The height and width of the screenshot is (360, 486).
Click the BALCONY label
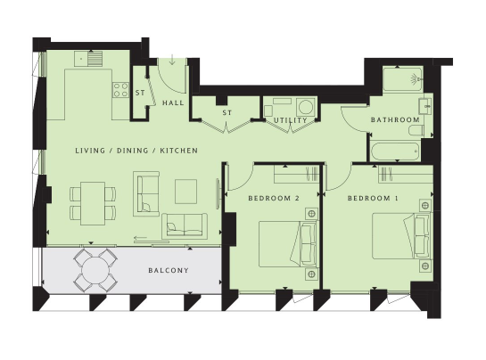[169, 271]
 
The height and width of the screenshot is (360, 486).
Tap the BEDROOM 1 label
[373, 199]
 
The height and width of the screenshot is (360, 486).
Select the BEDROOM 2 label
[274, 199]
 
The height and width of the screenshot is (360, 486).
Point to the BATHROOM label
[395, 120]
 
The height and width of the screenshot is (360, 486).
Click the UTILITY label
[291, 120]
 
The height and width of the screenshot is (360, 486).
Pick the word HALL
[173, 102]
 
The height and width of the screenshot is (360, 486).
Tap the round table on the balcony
[95, 271]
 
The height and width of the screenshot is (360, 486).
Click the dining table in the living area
[93, 203]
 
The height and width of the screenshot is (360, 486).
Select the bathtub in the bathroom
[396, 151]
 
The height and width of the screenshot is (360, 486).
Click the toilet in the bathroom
[416, 130]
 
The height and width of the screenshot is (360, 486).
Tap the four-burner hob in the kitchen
[121, 90]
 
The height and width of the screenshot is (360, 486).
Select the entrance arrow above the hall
[172, 60]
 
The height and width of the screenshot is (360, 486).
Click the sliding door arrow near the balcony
[140, 238]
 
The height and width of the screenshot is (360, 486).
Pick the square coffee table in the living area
[186, 192]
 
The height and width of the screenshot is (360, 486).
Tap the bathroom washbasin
[425, 106]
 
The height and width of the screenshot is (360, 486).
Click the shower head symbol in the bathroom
[416, 78]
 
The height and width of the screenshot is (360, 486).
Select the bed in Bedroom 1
[401, 236]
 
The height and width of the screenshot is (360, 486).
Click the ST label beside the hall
[140, 93]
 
